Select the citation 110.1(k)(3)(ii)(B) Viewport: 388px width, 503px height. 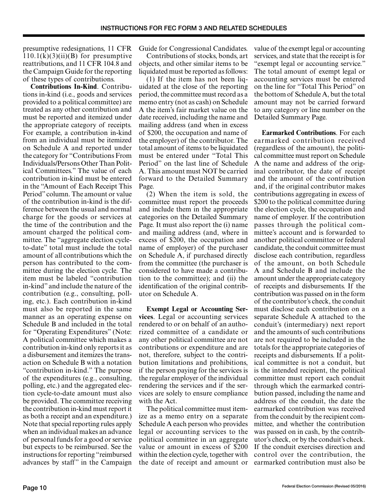[51, 56]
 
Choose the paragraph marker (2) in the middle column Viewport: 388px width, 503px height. [152, 194]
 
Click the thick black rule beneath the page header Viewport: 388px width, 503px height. [194, 36]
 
